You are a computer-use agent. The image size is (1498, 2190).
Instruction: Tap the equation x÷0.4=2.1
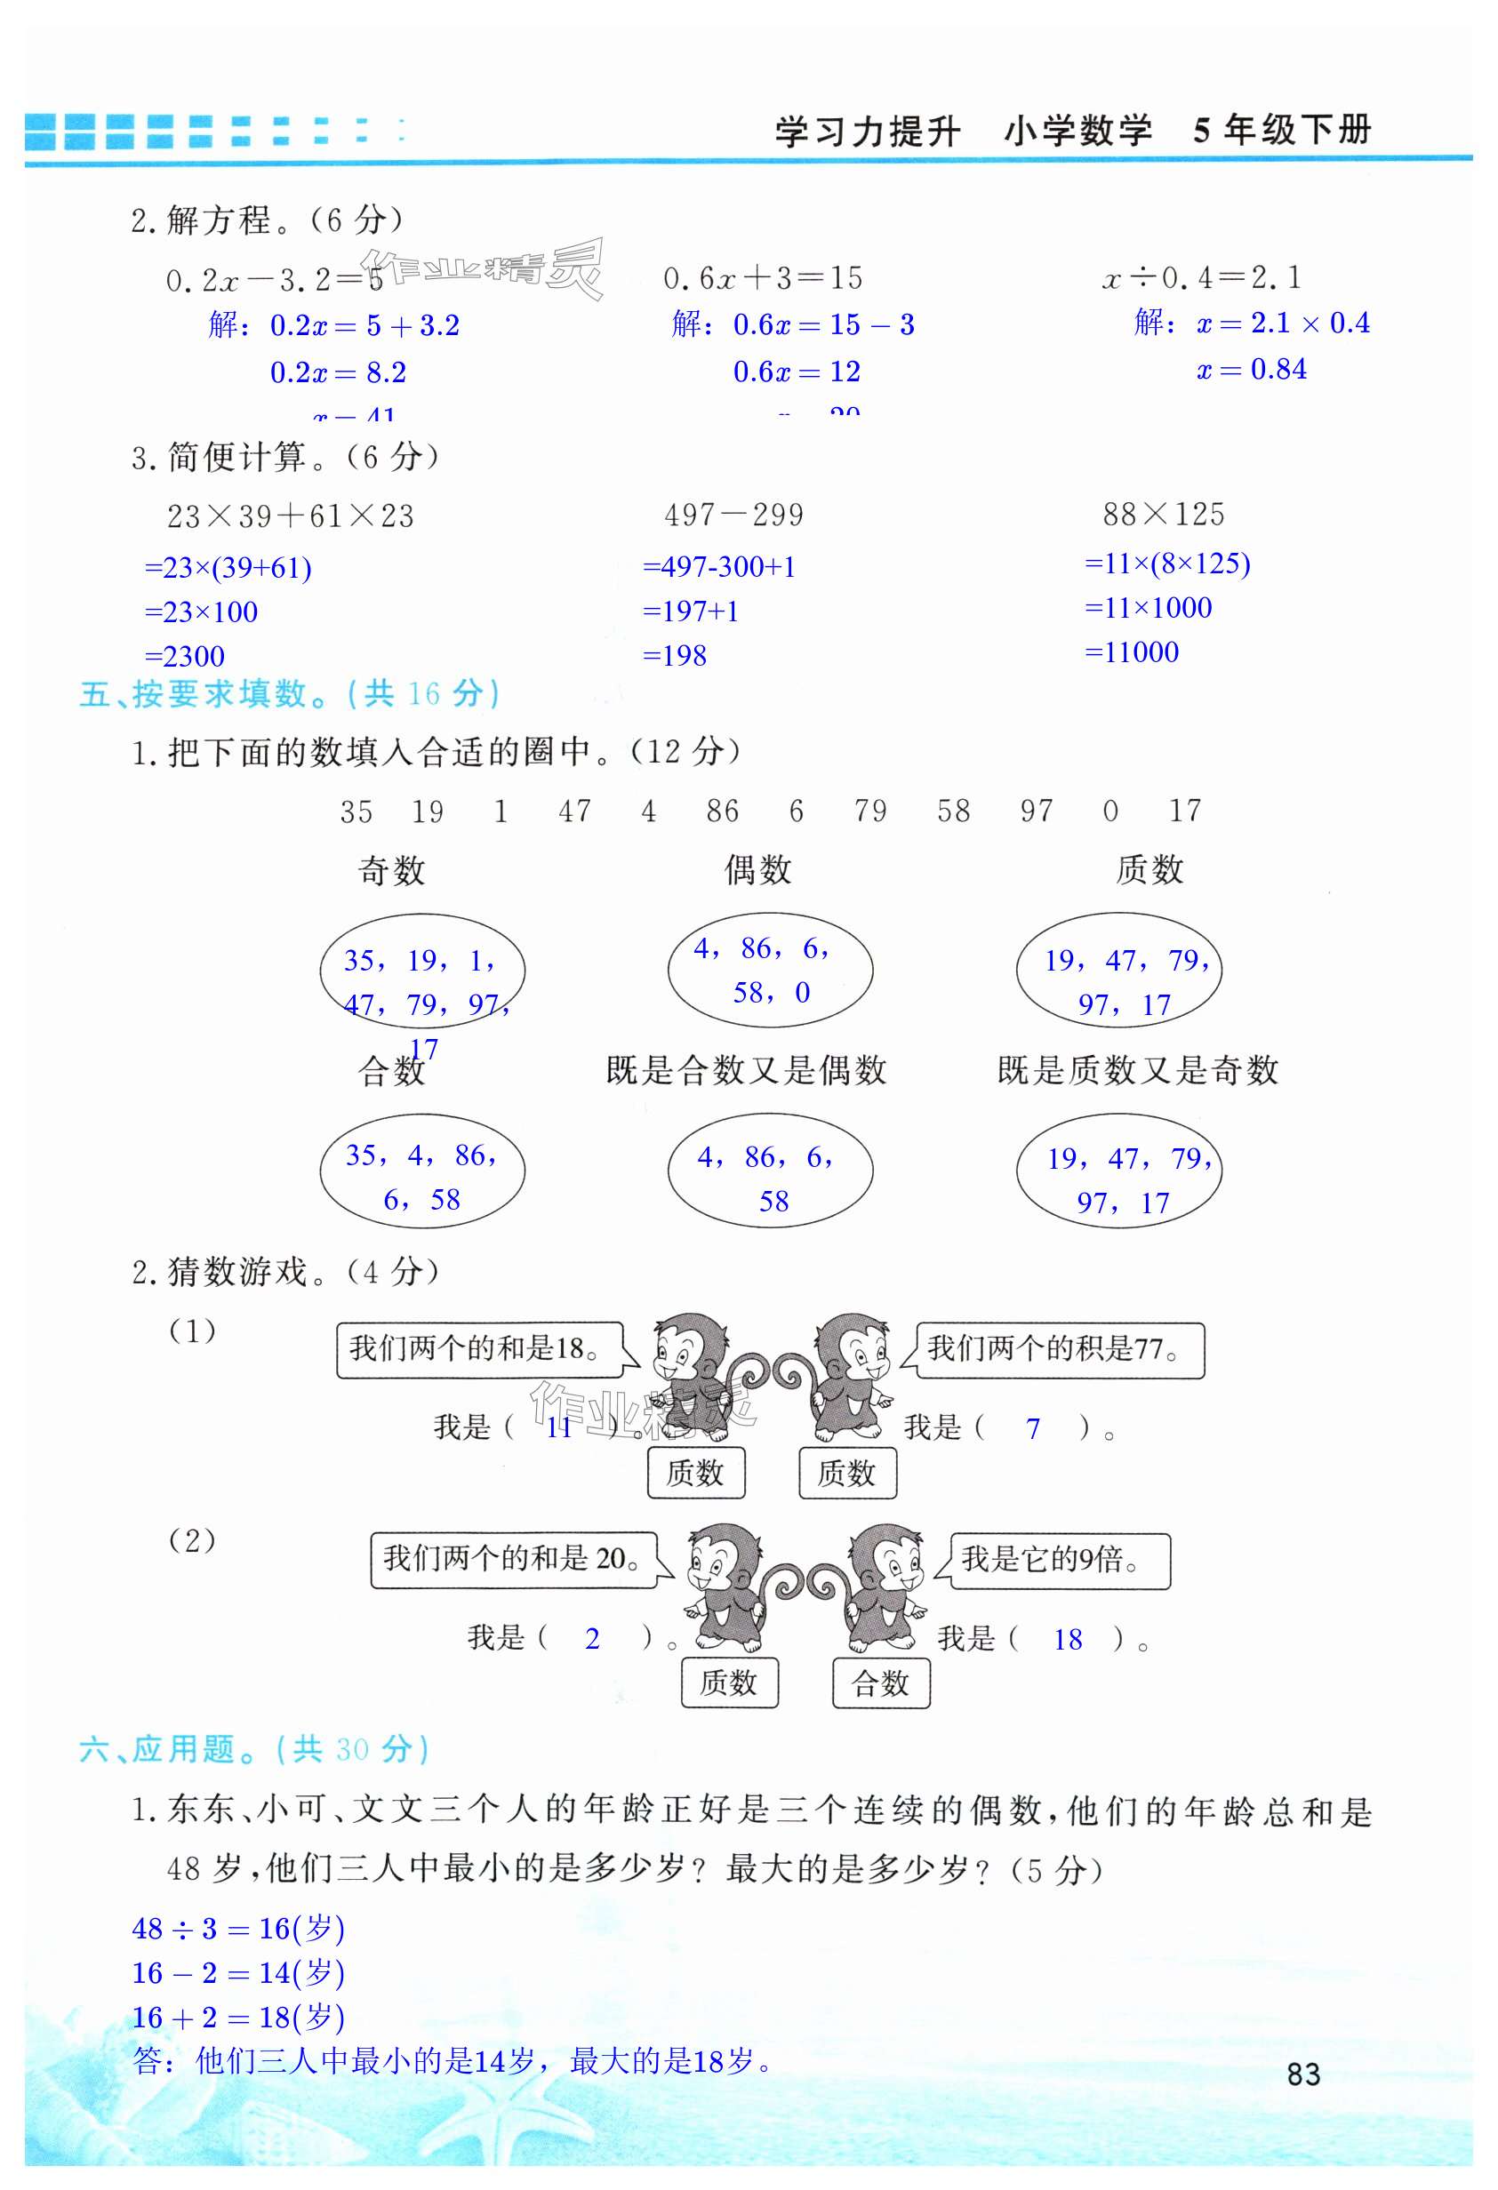(1201, 277)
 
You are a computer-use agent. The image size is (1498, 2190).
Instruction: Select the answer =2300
(185, 656)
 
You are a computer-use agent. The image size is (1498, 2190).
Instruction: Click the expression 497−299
(733, 515)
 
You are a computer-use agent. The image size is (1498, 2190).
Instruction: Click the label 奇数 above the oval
(391, 870)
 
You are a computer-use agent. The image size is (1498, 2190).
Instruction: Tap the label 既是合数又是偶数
(746, 1069)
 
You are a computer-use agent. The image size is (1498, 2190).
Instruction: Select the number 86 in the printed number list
(722, 811)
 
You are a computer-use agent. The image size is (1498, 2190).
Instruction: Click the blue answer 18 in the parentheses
(1067, 1640)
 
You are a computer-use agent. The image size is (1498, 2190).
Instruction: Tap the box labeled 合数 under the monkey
(880, 1683)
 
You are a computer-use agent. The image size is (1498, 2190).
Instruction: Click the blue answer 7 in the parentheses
(1033, 1428)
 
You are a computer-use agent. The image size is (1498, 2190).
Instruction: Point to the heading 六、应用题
(254, 1750)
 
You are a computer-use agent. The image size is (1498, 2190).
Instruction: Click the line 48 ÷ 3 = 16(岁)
(237, 1928)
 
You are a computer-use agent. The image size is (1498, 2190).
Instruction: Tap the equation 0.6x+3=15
(763, 278)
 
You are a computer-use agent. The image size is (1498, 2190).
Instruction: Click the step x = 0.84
(1251, 370)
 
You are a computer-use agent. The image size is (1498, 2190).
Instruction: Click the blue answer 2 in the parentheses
(592, 1639)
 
